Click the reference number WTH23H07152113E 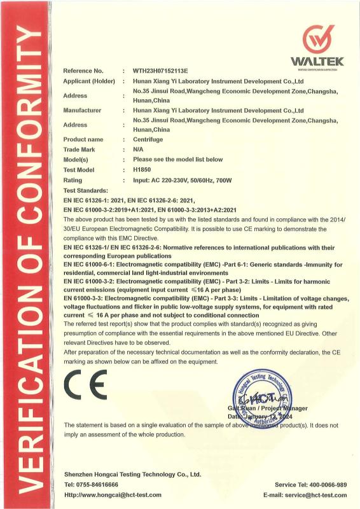click(165, 71)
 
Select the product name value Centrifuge click(148, 139)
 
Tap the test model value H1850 click(142, 170)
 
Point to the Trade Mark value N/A click(138, 149)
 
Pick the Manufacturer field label click(83, 110)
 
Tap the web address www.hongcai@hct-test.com click(120, 494)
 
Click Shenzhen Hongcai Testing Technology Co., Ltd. click(132, 474)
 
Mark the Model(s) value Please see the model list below click(178, 159)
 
